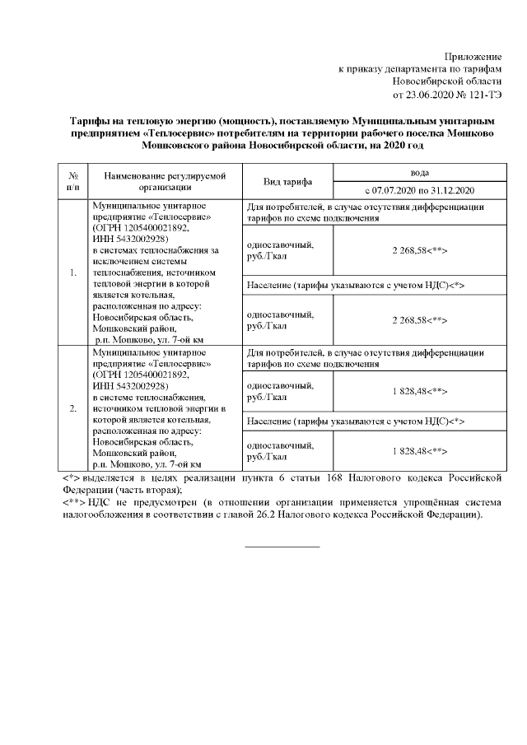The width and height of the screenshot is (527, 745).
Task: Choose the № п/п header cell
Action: point(73,181)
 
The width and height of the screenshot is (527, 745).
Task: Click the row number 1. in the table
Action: point(73,272)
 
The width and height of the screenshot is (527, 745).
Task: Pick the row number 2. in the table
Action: point(73,407)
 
